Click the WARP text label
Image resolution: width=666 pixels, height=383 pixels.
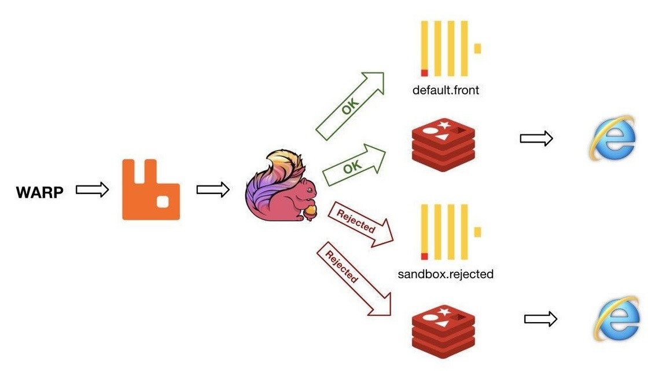coord(39,191)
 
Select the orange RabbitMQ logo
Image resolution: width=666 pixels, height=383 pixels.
coord(150,190)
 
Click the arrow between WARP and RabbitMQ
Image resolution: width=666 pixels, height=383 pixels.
coord(93,189)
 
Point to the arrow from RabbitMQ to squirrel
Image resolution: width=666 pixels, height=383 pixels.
coord(213,189)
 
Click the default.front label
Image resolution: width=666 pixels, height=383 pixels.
coord(446,90)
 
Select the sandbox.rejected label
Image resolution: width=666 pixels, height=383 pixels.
coord(446,273)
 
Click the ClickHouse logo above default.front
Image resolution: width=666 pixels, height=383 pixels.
coord(450,49)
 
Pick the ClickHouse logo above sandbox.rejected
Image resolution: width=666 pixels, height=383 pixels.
coord(450,232)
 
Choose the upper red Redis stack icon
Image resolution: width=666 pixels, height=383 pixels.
coord(443,140)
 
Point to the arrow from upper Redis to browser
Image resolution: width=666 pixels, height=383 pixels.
coord(536,138)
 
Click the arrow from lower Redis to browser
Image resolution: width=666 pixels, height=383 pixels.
coord(540,319)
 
